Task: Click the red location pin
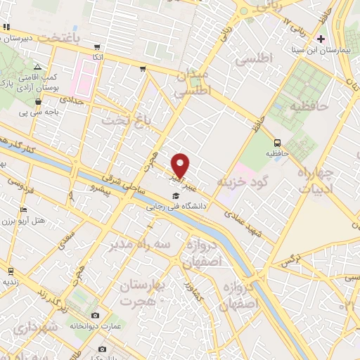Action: (181, 165)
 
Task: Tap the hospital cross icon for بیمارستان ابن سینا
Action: (321, 39)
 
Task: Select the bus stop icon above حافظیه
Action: (277, 142)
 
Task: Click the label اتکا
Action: (98, 56)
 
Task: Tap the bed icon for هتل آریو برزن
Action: (24, 210)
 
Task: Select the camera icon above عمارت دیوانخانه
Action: (96, 315)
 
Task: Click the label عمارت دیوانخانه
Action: (95, 326)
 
